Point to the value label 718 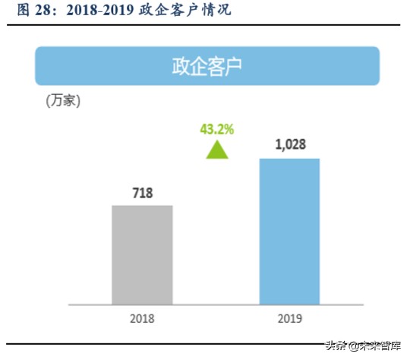point(142,193)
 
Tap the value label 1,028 point(289,145)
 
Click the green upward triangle point(217,149)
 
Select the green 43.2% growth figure point(217,129)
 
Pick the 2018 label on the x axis point(142,318)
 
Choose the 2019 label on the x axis point(289,318)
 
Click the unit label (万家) point(63,100)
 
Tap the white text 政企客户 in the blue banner point(207,66)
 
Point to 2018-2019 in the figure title point(97,11)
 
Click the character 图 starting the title point(23,11)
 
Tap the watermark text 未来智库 point(381,346)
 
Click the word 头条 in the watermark point(336,346)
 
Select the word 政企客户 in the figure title point(173,11)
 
